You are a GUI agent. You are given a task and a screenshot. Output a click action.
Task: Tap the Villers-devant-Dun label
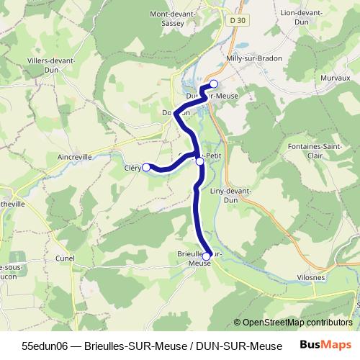click(x=50, y=66)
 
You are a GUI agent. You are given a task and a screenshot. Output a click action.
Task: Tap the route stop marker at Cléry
click(x=146, y=167)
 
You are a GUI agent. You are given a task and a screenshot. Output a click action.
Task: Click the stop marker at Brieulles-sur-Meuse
click(x=207, y=256)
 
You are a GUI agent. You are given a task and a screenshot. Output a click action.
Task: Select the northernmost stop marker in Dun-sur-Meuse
click(x=213, y=84)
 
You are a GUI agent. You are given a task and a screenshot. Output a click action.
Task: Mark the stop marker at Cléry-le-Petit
click(x=200, y=161)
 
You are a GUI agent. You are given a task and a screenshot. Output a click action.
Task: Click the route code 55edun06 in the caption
click(x=45, y=344)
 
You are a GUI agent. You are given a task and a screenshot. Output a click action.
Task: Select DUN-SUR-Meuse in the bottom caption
click(x=236, y=344)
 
